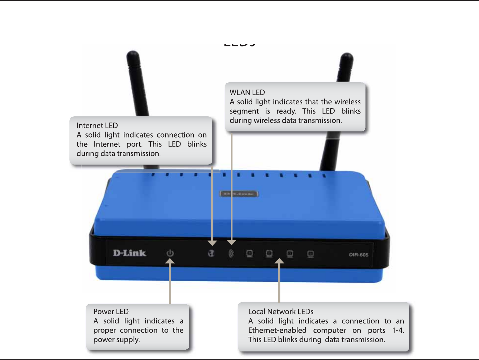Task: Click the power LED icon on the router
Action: (x=170, y=254)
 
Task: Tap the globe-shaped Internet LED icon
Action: (x=212, y=254)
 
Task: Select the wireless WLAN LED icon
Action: (x=231, y=254)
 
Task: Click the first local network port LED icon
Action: (x=250, y=254)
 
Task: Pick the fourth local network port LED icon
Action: (x=310, y=254)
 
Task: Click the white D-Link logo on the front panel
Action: (x=130, y=253)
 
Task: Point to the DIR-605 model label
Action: (x=359, y=255)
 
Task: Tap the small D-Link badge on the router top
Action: (x=239, y=194)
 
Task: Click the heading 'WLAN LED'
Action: (x=247, y=92)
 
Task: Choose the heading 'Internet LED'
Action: (x=97, y=126)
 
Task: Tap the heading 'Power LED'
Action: (x=111, y=312)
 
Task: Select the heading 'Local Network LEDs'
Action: (x=281, y=312)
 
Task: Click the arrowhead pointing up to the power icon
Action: (x=170, y=261)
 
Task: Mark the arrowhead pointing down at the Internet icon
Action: (x=212, y=243)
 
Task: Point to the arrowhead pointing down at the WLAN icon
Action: (x=232, y=242)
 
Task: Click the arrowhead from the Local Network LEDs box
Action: (x=279, y=261)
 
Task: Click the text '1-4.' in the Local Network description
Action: (x=398, y=331)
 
